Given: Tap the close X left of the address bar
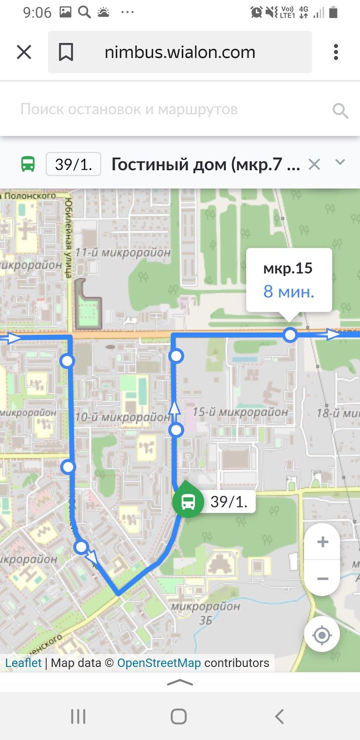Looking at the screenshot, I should pyautogui.click(x=24, y=52).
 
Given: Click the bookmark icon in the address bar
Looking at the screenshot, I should pyautogui.click(x=66, y=52).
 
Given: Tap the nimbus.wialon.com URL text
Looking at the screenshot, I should pyautogui.click(x=180, y=52).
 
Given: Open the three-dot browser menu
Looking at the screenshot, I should pyautogui.click(x=336, y=52).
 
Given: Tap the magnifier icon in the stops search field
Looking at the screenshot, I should pyautogui.click(x=340, y=111).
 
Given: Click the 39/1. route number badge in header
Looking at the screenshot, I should pyautogui.click(x=74, y=164).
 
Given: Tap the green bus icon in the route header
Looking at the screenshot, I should pyautogui.click(x=28, y=164).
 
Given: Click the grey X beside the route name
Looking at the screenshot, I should pyautogui.click(x=314, y=164).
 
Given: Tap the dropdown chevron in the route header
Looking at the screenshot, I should pyautogui.click(x=340, y=162).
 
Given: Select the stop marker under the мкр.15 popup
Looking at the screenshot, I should pyautogui.click(x=290, y=334).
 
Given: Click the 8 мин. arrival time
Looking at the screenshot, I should pyautogui.click(x=289, y=291).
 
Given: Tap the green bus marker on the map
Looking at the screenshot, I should pyautogui.click(x=187, y=501).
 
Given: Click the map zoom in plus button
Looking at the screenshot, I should pyautogui.click(x=323, y=542).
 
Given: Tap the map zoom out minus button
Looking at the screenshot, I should pyautogui.click(x=323, y=579).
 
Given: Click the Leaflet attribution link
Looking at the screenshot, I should pyautogui.click(x=23, y=663).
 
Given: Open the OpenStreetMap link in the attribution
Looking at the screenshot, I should pyautogui.click(x=159, y=663).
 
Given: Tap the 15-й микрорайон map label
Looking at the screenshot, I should pyautogui.click(x=240, y=412).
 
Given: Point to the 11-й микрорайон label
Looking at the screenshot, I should pyautogui.click(x=123, y=253).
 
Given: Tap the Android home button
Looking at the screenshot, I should pyautogui.click(x=179, y=716).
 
